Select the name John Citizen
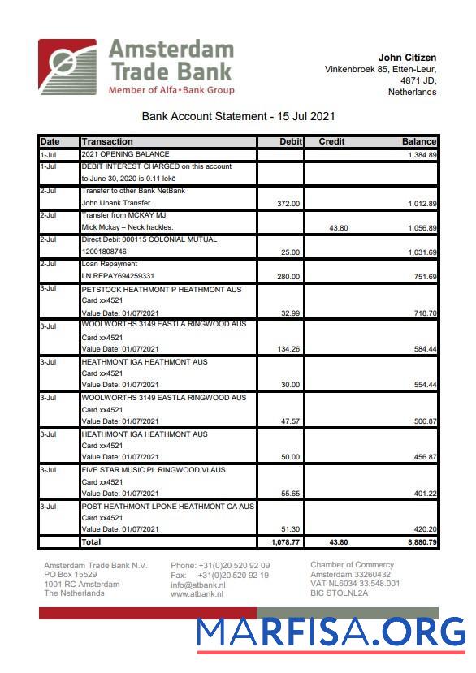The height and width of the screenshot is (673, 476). [407, 58]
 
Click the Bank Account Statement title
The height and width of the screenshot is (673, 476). [238, 117]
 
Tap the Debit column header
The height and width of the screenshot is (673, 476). [290, 141]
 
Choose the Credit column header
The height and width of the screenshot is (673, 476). [331, 141]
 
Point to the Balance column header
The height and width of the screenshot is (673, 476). [418, 141]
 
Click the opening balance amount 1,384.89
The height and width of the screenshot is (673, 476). [422, 154]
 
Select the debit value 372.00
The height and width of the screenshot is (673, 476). [288, 204]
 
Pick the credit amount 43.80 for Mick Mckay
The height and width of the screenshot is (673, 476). [338, 228]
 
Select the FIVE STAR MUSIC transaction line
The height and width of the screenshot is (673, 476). [154, 470]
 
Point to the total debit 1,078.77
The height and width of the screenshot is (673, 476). [285, 541]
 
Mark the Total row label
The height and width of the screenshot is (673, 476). [91, 541]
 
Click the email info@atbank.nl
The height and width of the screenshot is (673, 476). [197, 585]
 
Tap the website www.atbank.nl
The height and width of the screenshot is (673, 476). [197, 594]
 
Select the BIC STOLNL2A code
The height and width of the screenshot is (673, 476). [339, 593]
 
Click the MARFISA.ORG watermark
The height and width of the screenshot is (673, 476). [331, 632]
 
